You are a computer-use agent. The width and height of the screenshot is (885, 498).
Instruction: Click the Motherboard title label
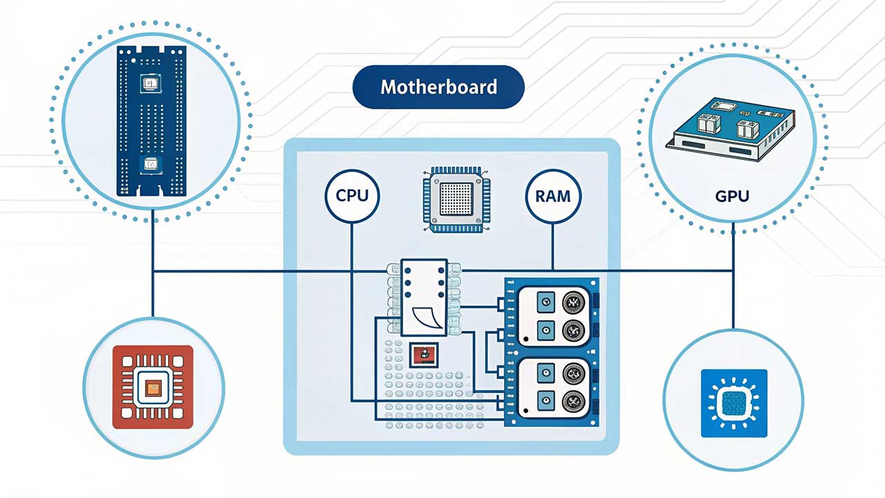point(438,87)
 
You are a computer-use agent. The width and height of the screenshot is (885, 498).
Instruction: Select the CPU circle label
point(352,196)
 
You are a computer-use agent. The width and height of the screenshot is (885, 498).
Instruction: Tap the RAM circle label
point(553,196)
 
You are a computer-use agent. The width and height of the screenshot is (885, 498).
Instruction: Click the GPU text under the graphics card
point(732,196)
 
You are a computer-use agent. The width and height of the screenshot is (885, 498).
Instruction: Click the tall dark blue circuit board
point(151,121)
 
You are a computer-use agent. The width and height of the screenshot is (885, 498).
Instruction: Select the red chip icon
point(153,387)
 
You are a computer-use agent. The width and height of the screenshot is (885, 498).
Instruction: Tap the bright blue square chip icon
point(734,403)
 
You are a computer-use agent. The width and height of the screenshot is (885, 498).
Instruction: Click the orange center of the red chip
point(152,387)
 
